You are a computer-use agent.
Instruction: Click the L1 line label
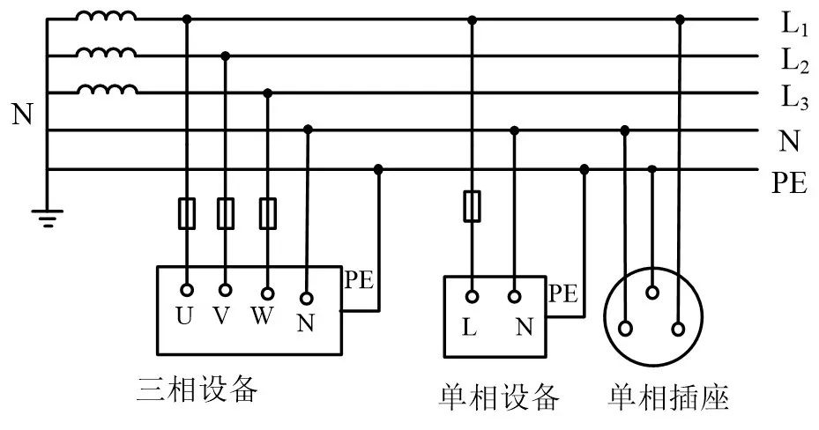point(793,24)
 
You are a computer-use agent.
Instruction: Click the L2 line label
point(793,61)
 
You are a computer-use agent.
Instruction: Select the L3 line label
point(793,98)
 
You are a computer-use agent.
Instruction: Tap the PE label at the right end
point(790,182)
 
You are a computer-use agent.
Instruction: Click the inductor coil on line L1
point(106,17)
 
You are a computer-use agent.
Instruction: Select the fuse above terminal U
point(187,213)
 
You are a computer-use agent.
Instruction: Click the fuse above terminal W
point(268,213)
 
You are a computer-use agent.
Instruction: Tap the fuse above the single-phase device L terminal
point(472,205)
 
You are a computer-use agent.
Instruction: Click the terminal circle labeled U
point(187,289)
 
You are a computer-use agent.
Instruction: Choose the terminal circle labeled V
point(226,289)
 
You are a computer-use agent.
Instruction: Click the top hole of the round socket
point(652,291)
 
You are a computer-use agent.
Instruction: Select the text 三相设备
point(197,389)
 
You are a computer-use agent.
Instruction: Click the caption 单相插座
point(668,397)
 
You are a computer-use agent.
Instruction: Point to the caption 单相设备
point(499,397)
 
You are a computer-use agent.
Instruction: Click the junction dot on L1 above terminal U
point(187,19)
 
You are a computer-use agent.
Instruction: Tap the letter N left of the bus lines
point(21,115)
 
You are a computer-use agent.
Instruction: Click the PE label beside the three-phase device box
point(359,281)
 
